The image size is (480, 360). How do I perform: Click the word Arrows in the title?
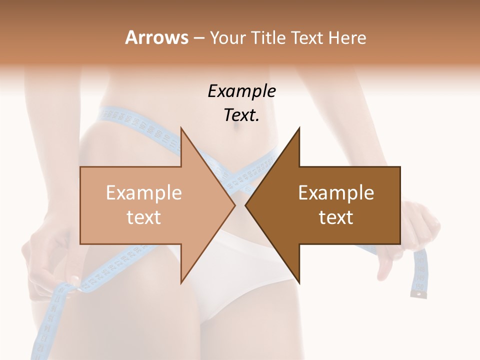point(156,37)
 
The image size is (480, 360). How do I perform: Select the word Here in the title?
point(347,37)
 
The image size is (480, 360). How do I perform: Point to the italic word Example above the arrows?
point(241,91)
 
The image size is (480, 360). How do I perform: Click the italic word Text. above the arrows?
point(241,115)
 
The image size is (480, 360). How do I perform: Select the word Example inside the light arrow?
point(143,192)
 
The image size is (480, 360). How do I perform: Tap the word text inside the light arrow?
point(143,217)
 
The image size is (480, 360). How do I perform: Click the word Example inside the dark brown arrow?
point(336,192)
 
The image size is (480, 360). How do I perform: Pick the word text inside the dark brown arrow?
point(336,217)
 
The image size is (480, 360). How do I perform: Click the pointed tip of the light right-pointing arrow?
point(234,205)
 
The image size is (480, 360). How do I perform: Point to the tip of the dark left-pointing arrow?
point(245,205)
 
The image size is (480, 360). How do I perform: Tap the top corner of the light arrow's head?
point(181,128)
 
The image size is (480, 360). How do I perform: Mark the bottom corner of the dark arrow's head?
point(299,283)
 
